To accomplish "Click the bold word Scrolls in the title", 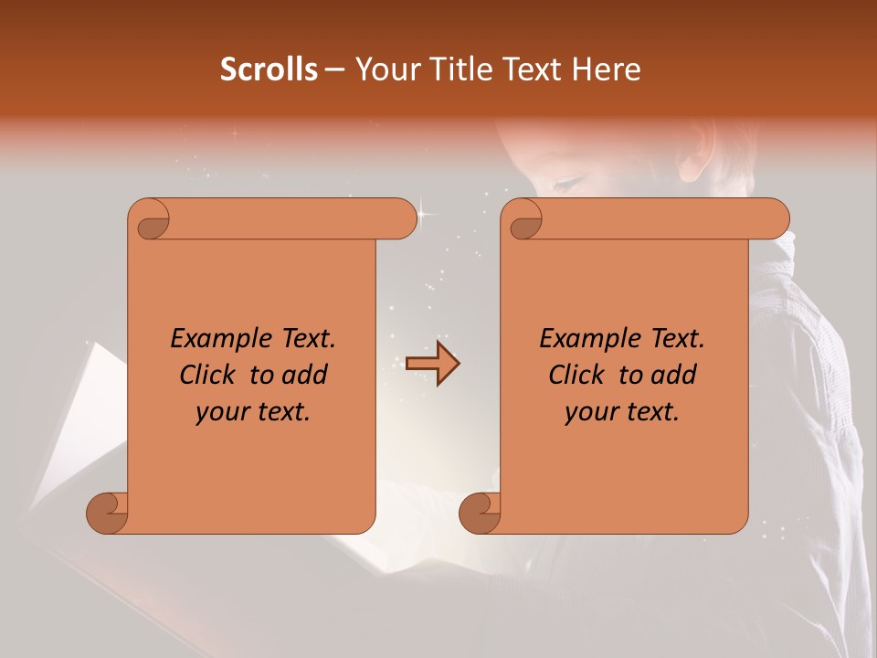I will click(x=269, y=69).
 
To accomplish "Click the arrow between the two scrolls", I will click(x=432, y=364).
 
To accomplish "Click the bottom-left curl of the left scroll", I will click(x=108, y=512).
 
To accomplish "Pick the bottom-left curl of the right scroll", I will click(x=481, y=512).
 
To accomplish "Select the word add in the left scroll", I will click(x=305, y=375).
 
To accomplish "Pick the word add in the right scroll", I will click(x=674, y=375).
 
